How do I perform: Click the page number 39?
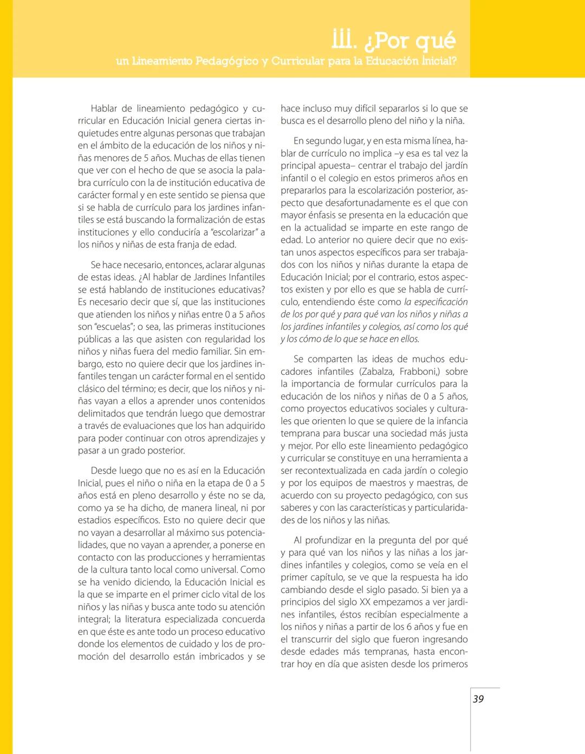(478, 699)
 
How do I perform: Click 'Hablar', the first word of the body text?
(104, 108)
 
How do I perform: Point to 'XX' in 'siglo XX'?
(365, 602)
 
